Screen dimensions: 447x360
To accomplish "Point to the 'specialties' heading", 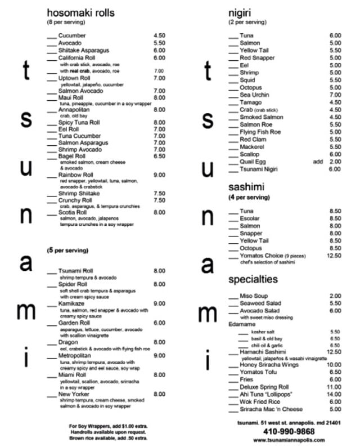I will coord(253,279).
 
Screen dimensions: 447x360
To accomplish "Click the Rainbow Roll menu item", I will coord(75,175).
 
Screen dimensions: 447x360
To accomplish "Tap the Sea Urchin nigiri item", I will coord(254,95).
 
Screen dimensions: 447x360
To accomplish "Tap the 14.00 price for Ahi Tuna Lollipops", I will coord(335,394).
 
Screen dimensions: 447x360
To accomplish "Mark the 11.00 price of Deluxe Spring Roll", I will coord(335,387).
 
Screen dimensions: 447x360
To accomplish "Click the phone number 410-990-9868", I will coord(286,431).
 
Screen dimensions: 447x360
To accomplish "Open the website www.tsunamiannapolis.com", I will coord(286,440).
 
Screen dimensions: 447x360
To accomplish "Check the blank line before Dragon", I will coord(52,343).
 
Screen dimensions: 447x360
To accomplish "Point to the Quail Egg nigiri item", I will coord(253,162).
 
